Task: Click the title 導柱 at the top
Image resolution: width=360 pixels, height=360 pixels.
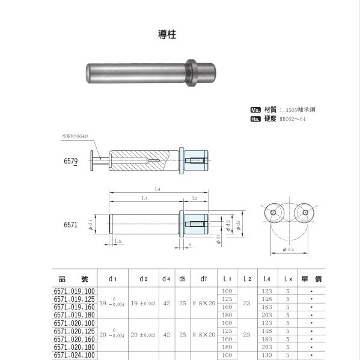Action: coord(163,34)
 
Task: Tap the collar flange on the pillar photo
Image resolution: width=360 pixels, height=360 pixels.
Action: coord(191,72)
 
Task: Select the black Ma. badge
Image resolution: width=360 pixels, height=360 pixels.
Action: coord(255,110)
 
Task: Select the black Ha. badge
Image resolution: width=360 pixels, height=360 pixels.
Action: coord(255,119)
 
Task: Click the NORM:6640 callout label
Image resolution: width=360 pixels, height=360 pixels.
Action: coord(75,136)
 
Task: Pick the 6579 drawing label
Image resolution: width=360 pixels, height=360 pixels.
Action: coord(71,162)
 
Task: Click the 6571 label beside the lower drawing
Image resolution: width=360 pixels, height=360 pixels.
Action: coord(71,225)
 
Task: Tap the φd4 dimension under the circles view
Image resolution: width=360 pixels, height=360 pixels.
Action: coord(287,249)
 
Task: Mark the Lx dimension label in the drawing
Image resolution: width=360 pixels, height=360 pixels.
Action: coord(118,241)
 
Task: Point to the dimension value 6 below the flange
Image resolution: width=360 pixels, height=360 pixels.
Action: coord(189,245)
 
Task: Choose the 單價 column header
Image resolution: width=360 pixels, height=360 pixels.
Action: coord(311,279)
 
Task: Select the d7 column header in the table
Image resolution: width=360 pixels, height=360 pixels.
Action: coord(204,279)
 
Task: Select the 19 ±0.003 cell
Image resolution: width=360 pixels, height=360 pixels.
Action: coord(144,303)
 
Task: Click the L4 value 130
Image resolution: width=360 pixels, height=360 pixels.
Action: coord(266,355)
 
